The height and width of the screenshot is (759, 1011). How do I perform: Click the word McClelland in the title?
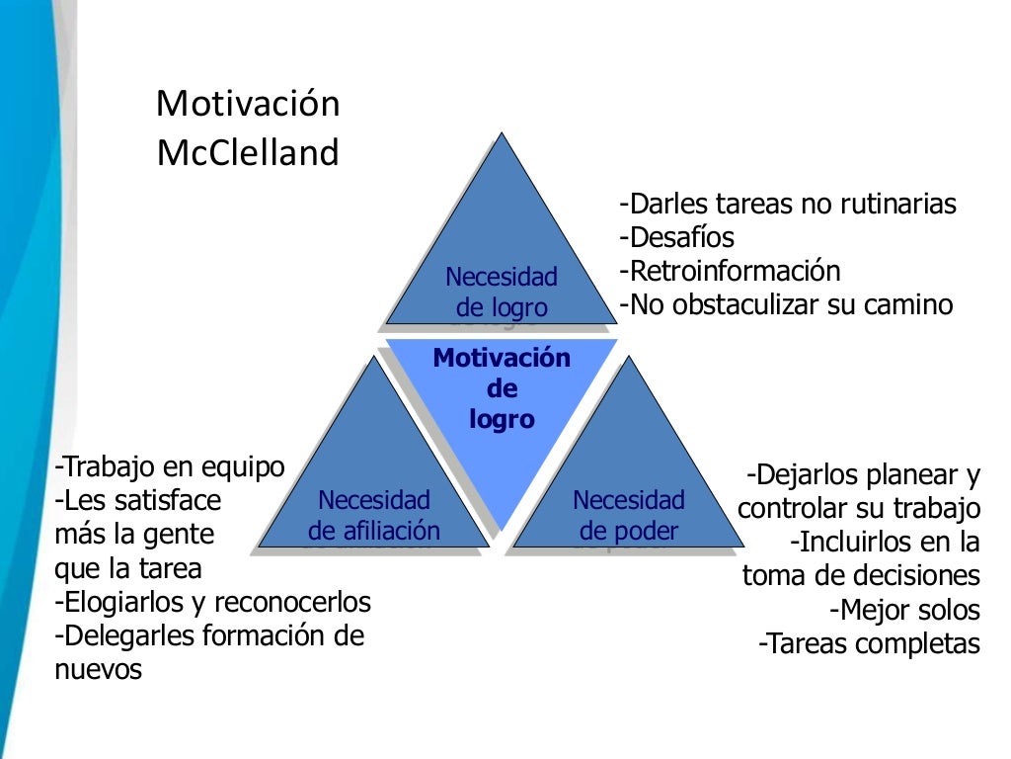248,152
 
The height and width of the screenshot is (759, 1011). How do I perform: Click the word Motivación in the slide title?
248,103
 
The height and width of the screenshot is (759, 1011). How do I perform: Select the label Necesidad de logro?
502,292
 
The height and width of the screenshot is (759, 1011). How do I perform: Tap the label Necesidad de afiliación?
374,516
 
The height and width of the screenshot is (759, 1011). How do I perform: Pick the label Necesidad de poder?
629,516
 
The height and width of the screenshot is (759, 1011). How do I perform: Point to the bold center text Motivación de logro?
502,388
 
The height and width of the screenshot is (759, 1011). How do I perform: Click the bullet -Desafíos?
677,237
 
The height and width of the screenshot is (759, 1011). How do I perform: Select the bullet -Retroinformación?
730,271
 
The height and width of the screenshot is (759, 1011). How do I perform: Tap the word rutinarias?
898,205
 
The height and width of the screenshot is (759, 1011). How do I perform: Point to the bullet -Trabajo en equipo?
171,466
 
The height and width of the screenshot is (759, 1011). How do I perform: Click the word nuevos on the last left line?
99,669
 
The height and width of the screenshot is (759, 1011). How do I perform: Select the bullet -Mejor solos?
904,610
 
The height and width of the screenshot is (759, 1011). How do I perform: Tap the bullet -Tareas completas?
869,644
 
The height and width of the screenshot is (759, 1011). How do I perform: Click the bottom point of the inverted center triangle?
502,531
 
